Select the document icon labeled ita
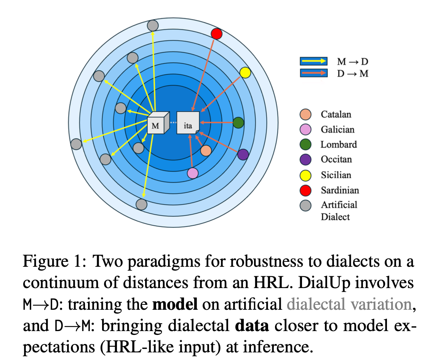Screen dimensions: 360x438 pos(188,123)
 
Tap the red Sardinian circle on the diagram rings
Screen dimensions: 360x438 pos(216,34)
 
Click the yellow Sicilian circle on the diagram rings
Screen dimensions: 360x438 pos(245,72)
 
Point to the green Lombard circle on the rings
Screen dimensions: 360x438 pos(238,123)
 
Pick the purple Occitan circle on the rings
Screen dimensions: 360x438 pos(243,154)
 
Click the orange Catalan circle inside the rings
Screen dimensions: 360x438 pos(206,151)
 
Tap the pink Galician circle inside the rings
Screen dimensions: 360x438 pos(193,173)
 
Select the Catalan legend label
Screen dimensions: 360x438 pos(336,114)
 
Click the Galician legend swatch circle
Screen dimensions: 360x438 pos(305,129)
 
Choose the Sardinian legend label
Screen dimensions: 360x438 pos(339,190)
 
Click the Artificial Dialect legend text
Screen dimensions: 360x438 pos(339,210)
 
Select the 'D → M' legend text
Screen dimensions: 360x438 pos(353,73)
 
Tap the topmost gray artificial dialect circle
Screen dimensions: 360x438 pos(153,25)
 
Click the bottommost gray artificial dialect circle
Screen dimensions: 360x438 pos(141,204)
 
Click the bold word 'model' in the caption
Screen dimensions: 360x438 pos(175,304)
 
